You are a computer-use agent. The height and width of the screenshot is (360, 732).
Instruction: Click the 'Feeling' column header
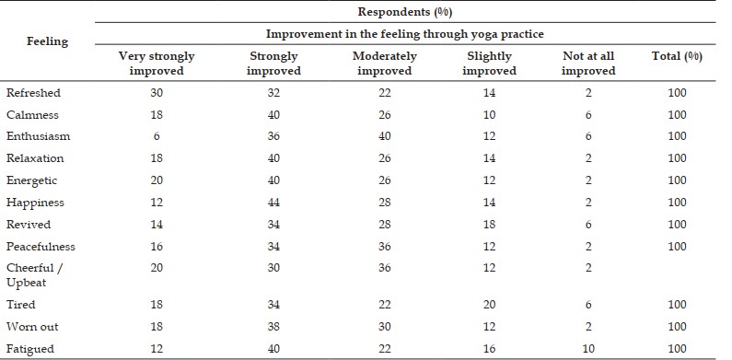tap(47, 41)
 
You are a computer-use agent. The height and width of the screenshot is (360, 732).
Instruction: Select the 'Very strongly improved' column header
tap(157, 64)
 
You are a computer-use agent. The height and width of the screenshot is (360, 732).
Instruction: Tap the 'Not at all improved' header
tap(588, 64)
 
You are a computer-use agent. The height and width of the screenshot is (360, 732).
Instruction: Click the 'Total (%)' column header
tap(677, 56)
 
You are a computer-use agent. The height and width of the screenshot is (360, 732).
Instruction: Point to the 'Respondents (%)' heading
tap(405, 12)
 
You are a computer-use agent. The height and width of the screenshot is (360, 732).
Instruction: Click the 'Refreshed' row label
tap(34, 92)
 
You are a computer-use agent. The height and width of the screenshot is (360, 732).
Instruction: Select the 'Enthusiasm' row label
tap(39, 136)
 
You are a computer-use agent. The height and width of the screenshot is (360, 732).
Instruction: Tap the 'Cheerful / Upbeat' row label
tap(35, 275)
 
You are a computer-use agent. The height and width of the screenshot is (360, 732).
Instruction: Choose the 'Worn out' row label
tap(32, 326)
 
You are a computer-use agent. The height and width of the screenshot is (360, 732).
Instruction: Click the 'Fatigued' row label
tap(30, 349)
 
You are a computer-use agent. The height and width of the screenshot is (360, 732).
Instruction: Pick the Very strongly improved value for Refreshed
tap(157, 93)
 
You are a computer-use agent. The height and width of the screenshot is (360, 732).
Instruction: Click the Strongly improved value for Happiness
tap(273, 203)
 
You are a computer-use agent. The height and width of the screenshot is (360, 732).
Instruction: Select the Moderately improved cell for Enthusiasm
tap(385, 136)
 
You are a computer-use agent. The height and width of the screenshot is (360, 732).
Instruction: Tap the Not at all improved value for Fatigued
tap(588, 349)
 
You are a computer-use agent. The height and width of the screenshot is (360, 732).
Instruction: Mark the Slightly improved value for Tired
tap(489, 305)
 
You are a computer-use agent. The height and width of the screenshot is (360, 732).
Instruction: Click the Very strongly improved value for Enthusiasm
tap(157, 136)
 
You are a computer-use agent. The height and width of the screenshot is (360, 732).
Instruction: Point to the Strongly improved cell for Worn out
tap(273, 327)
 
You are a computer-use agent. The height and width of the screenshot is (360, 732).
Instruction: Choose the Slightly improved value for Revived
tap(489, 225)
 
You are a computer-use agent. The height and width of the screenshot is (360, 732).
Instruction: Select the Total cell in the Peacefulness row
tap(677, 247)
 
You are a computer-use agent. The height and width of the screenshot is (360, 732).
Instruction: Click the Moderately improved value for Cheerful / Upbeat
tap(385, 268)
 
